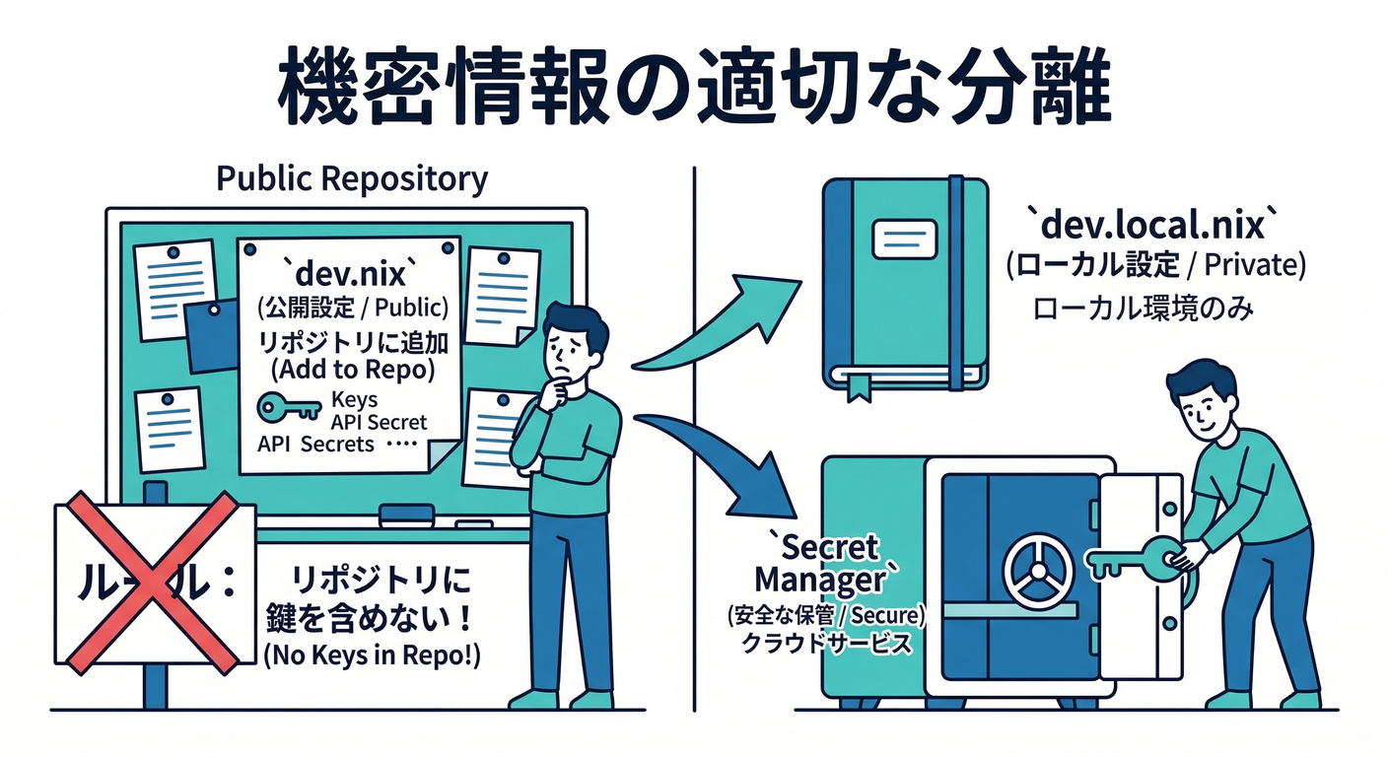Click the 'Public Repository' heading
(x=351, y=179)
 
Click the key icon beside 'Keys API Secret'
(x=288, y=406)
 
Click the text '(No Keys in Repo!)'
(x=372, y=658)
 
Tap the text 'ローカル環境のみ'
(x=1143, y=310)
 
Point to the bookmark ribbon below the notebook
(x=855, y=386)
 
